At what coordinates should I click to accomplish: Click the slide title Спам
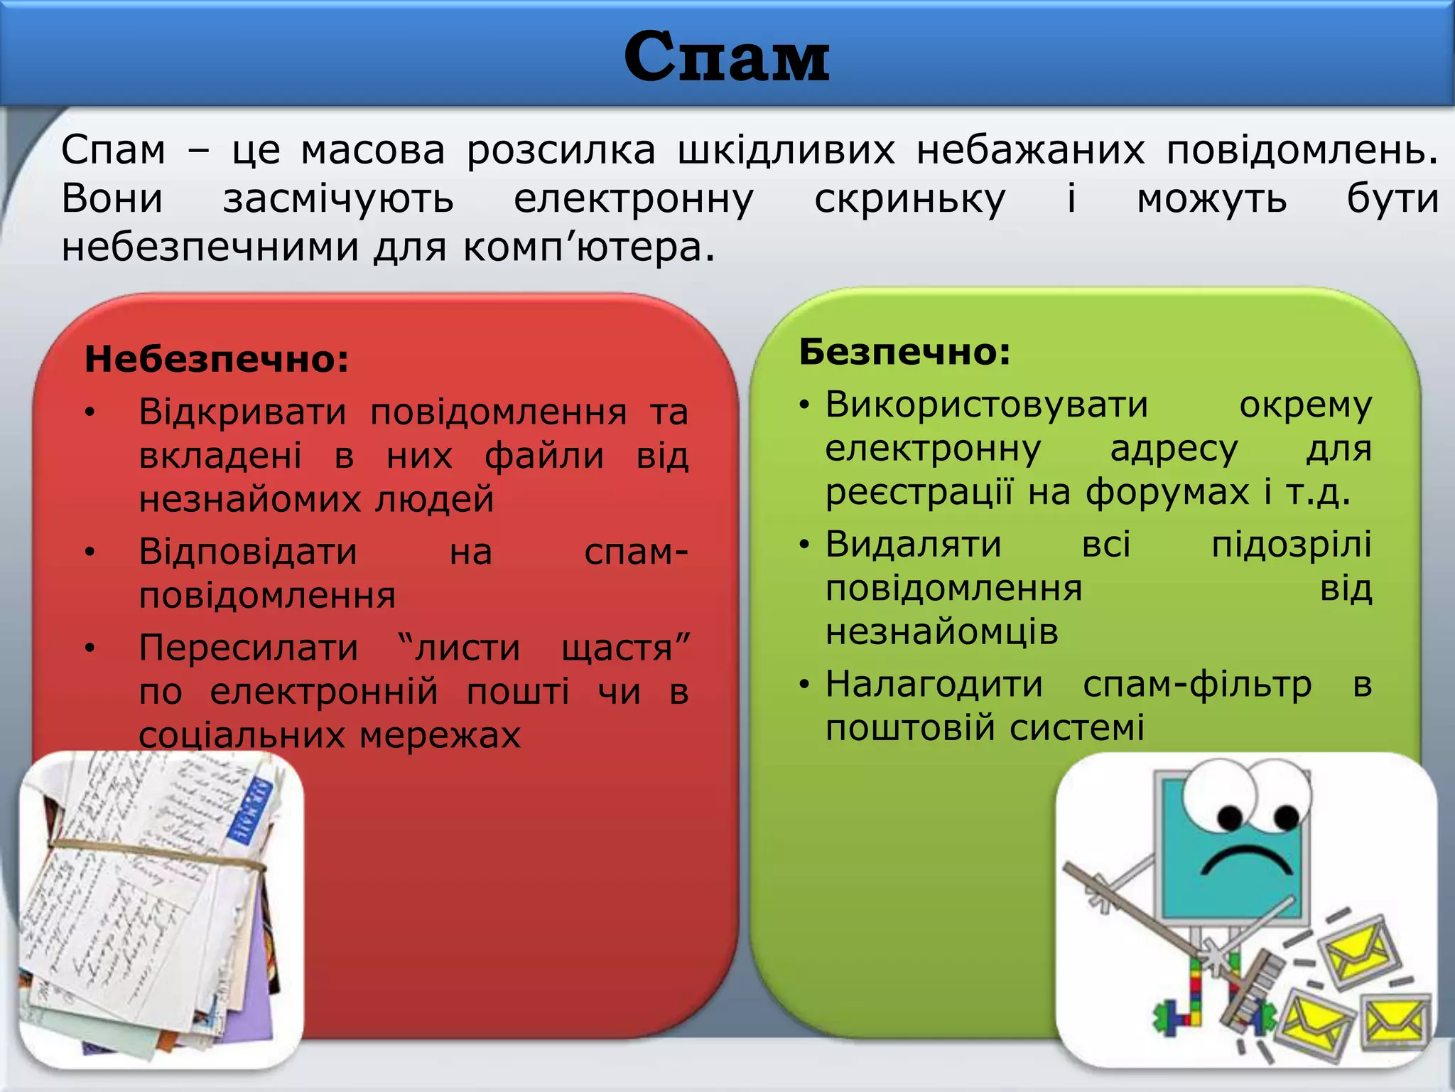[726, 57]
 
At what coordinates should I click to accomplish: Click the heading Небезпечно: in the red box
[217, 359]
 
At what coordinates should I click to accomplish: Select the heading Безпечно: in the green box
[904, 352]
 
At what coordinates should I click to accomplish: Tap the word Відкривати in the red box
[242, 412]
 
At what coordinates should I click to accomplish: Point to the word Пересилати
[249, 648]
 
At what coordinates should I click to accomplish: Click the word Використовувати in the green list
[986, 405]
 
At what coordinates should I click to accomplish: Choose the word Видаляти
[913, 545]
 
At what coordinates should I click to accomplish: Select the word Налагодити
[934, 684]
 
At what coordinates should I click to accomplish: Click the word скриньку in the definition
[909, 198]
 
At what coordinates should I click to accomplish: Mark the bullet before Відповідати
[90, 552]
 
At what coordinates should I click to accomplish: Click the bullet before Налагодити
[804, 685]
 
